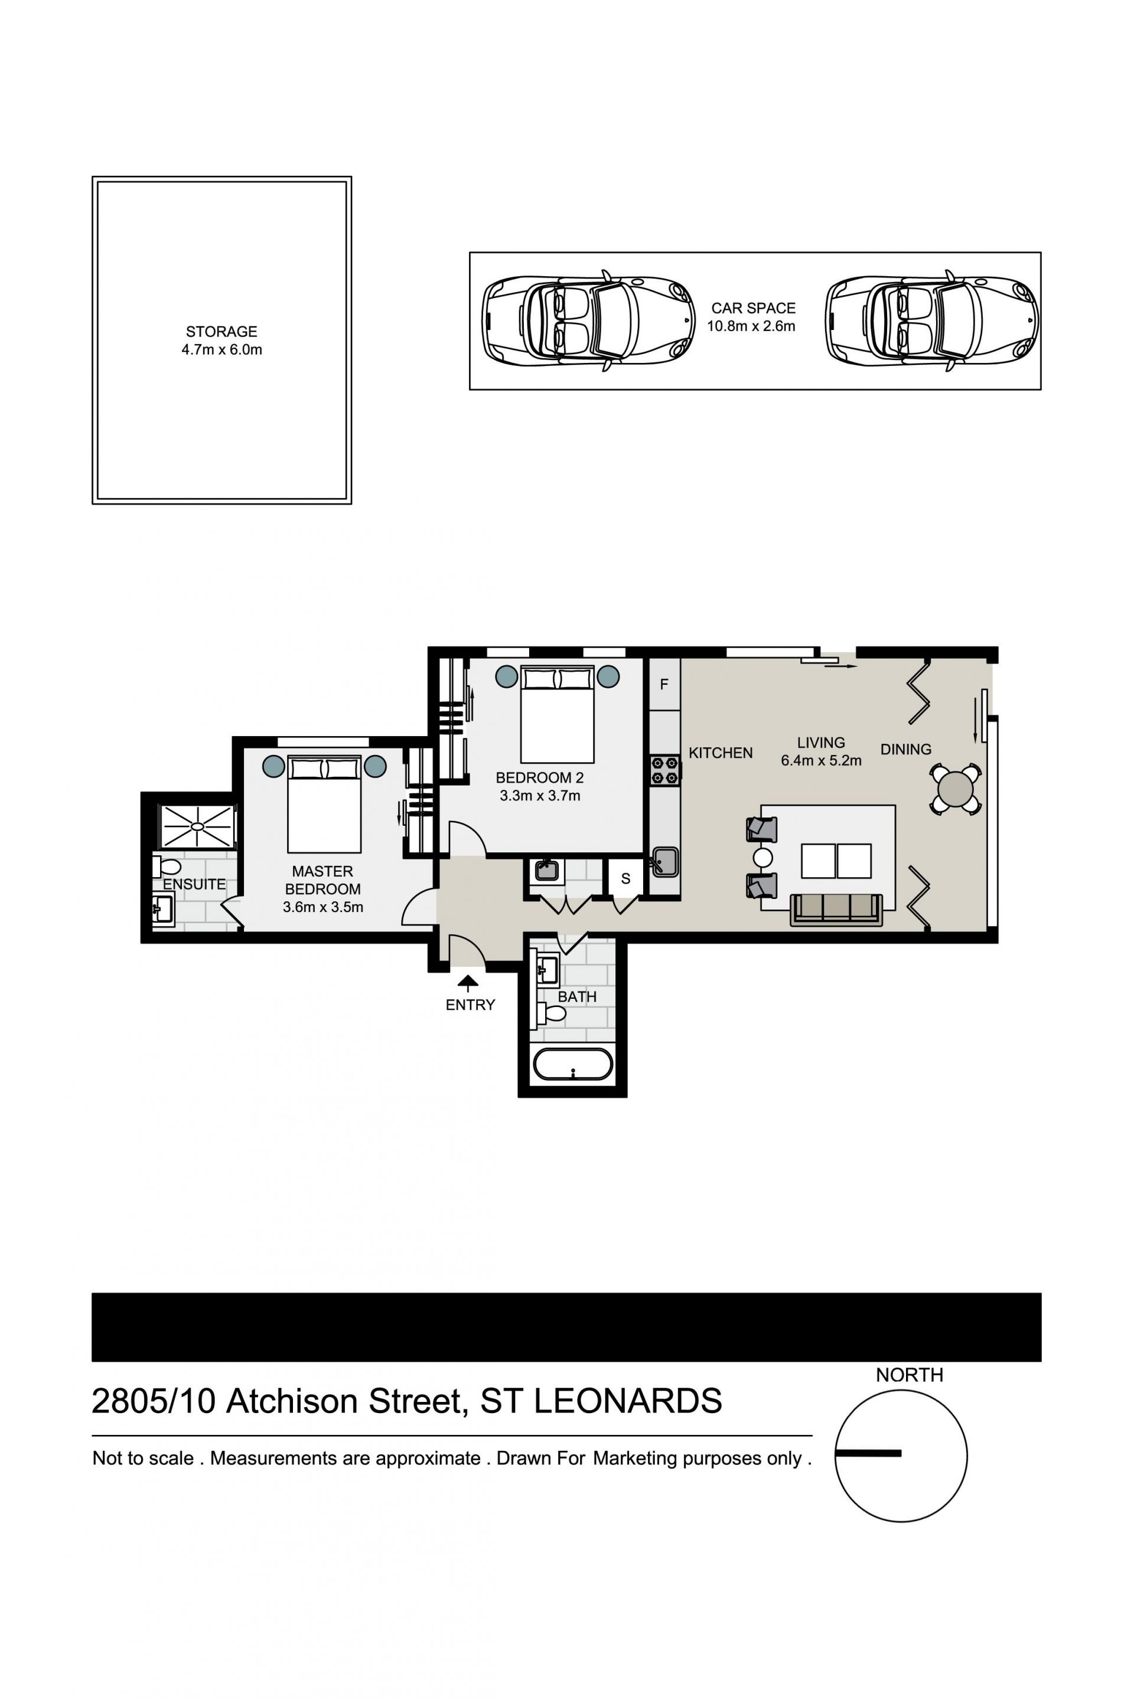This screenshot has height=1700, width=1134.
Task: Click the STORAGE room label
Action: coord(221,332)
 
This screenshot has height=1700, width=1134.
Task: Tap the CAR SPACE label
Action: coord(753,308)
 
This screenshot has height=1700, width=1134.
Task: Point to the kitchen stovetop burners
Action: coord(664,770)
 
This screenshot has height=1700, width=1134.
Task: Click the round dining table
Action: coord(956,789)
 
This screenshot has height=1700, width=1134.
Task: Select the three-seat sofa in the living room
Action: coord(836,910)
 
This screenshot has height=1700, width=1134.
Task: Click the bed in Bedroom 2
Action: coord(557,714)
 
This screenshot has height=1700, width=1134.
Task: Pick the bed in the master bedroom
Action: coord(324,805)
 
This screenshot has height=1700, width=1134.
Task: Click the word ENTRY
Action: coord(470,1005)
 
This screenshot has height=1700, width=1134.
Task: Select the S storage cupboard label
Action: coord(625,879)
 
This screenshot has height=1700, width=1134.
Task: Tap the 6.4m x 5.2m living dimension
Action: coord(821,760)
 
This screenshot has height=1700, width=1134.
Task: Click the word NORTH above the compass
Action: coord(909,1375)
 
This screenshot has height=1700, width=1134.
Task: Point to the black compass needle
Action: coord(868,1453)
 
